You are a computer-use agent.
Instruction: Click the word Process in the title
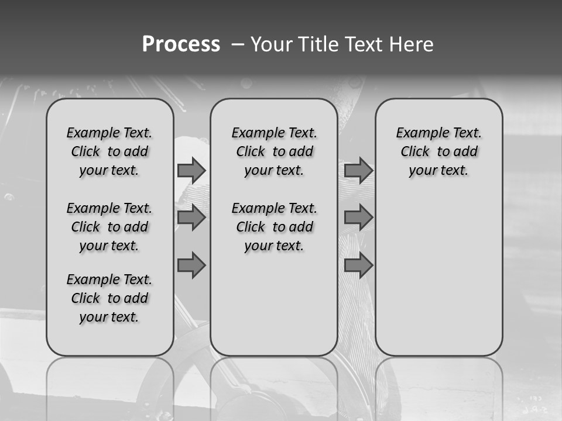coord(181,44)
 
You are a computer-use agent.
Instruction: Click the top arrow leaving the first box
coord(191,170)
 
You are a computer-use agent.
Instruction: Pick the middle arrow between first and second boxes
coord(191,218)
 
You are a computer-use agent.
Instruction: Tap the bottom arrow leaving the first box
coord(191,265)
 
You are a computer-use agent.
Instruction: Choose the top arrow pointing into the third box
coord(358,170)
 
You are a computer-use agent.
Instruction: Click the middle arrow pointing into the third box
coord(358,218)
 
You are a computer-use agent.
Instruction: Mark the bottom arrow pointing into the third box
coord(358,265)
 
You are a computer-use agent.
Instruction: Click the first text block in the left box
coord(109,151)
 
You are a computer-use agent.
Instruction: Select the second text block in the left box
coord(109,227)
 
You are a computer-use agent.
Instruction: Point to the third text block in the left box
coord(109,298)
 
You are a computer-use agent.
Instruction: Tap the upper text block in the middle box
coord(274,151)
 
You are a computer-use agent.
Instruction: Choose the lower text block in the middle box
coord(274,227)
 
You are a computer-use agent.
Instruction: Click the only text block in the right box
coord(438,151)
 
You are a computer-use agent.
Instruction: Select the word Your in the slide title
coord(271,44)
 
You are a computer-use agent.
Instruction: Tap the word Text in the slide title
coord(364,44)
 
